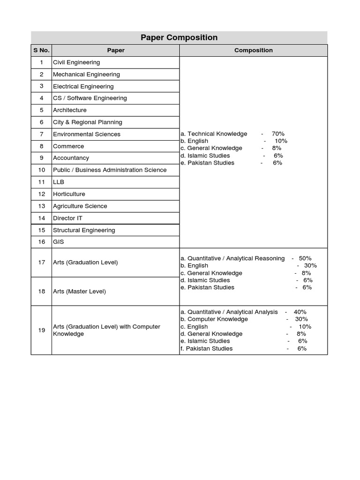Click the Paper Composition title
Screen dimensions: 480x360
[x=179, y=37]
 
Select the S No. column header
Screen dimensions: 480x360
[x=41, y=50]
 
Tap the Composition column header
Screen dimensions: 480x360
[x=253, y=50]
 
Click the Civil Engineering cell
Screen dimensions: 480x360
[x=76, y=62]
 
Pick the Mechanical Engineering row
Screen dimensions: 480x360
[x=86, y=75]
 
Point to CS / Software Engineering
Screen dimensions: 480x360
[x=90, y=98]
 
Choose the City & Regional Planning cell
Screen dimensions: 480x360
[x=88, y=122]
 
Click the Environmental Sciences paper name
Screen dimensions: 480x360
[x=87, y=135]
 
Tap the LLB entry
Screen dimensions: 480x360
[x=59, y=182]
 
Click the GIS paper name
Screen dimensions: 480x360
[x=59, y=242]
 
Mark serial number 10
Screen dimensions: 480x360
[x=42, y=170]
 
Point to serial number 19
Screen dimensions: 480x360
[x=42, y=330]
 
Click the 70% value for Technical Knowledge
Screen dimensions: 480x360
[x=278, y=134]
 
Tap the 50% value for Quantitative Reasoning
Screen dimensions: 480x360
[x=305, y=258]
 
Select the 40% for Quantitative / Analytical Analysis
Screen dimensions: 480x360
[x=300, y=312]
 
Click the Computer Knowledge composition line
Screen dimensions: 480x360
[x=214, y=319]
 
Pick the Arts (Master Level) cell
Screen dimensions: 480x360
[x=80, y=292]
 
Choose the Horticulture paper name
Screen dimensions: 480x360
[x=69, y=194]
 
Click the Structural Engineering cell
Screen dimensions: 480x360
[x=84, y=230]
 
